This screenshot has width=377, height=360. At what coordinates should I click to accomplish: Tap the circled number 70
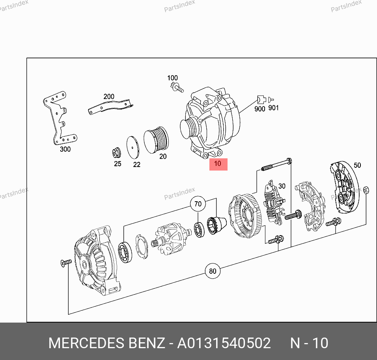pos(198,204)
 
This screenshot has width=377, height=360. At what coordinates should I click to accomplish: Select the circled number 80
pos(213,271)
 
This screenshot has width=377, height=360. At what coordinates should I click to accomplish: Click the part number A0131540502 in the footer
pos(224,343)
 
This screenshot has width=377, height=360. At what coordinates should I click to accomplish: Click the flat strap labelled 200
pos(110,106)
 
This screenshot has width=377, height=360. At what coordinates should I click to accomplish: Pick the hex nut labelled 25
pos(117,153)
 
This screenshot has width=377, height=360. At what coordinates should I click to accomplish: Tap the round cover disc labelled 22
pos(133,148)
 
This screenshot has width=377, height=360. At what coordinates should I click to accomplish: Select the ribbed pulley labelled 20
pos(156,140)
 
